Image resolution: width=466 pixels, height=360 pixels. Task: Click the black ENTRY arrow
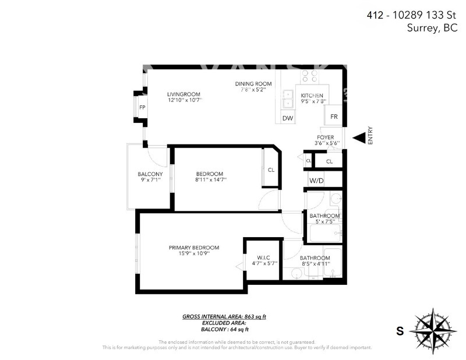[x=359, y=138]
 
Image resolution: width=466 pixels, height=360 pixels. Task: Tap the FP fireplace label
[x=142, y=107]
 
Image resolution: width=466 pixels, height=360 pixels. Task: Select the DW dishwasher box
[x=287, y=118]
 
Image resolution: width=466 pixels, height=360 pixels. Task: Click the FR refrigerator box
[x=334, y=117]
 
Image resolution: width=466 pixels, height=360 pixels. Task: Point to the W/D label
[x=316, y=181]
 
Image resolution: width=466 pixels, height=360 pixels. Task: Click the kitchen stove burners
[x=310, y=76]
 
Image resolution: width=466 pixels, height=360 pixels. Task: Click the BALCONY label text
[x=150, y=174]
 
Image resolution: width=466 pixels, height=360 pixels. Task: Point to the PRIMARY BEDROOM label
[x=194, y=248]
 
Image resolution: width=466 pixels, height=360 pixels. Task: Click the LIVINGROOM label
[x=183, y=94]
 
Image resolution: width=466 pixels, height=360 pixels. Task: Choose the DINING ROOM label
[x=253, y=84]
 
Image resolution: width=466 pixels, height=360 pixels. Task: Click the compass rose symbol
[x=432, y=330]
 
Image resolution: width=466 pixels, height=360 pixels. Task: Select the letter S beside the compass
[x=400, y=331]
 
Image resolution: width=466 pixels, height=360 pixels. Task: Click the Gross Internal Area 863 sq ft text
[x=224, y=317]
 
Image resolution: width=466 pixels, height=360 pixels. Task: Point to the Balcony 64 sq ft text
[x=224, y=329]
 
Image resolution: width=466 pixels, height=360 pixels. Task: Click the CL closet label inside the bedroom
[x=271, y=170]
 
